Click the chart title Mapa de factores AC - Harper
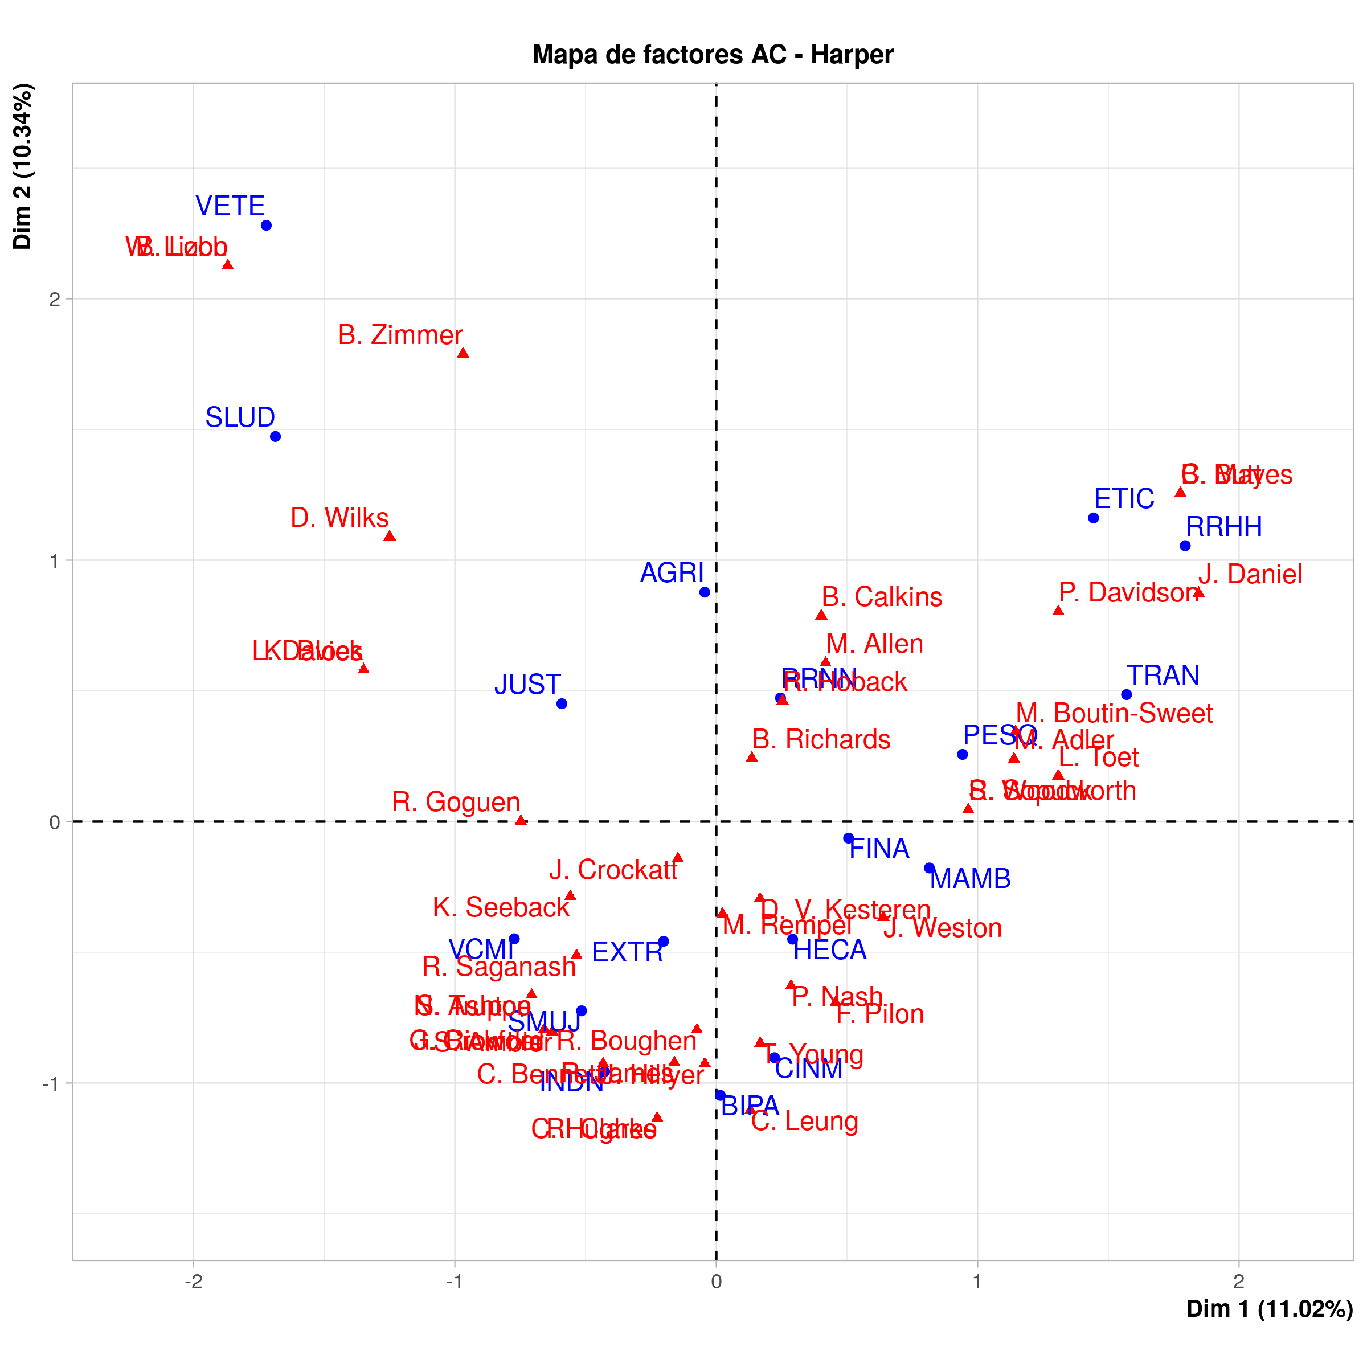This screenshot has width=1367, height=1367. (x=713, y=55)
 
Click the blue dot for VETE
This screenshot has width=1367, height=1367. (x=266, y=226)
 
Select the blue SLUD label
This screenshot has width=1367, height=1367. (x=240, y=418)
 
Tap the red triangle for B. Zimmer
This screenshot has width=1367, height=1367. (x=463, y=353)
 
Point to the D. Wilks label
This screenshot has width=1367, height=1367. (x=339, y=518)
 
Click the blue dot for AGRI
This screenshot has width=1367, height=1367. (x=705, y=592)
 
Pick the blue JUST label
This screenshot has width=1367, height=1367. (x=528, y=684)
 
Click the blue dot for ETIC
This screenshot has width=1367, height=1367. (x=1093, y=518)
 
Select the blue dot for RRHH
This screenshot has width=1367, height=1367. (x=1185, y=546)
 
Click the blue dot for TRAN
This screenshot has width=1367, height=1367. (x=1127, y=695)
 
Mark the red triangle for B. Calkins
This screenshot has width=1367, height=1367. (x=821, y=615)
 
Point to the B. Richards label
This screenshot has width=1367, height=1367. (x=821, y=739)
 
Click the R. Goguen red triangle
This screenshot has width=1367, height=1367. (x=521, y=820)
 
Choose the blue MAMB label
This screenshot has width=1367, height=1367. (x=970, y=879)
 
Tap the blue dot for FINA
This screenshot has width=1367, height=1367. (x=848, y=838)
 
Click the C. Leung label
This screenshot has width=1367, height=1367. (x=804, y=1122)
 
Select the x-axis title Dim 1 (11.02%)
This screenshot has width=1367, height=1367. (x=1270, y=1309)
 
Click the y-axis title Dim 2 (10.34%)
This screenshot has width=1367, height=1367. (x=23, y=166)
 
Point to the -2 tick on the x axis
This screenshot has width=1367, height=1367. (x=193, y=1282)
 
